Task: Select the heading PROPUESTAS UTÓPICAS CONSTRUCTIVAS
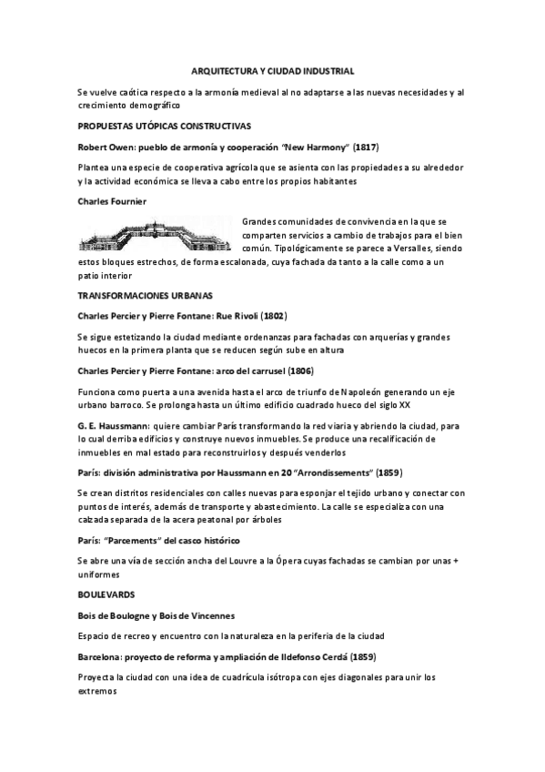point(165,125)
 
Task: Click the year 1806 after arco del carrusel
point(301,371)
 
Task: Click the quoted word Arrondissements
point(330,473)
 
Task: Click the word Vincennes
point(207,615)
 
